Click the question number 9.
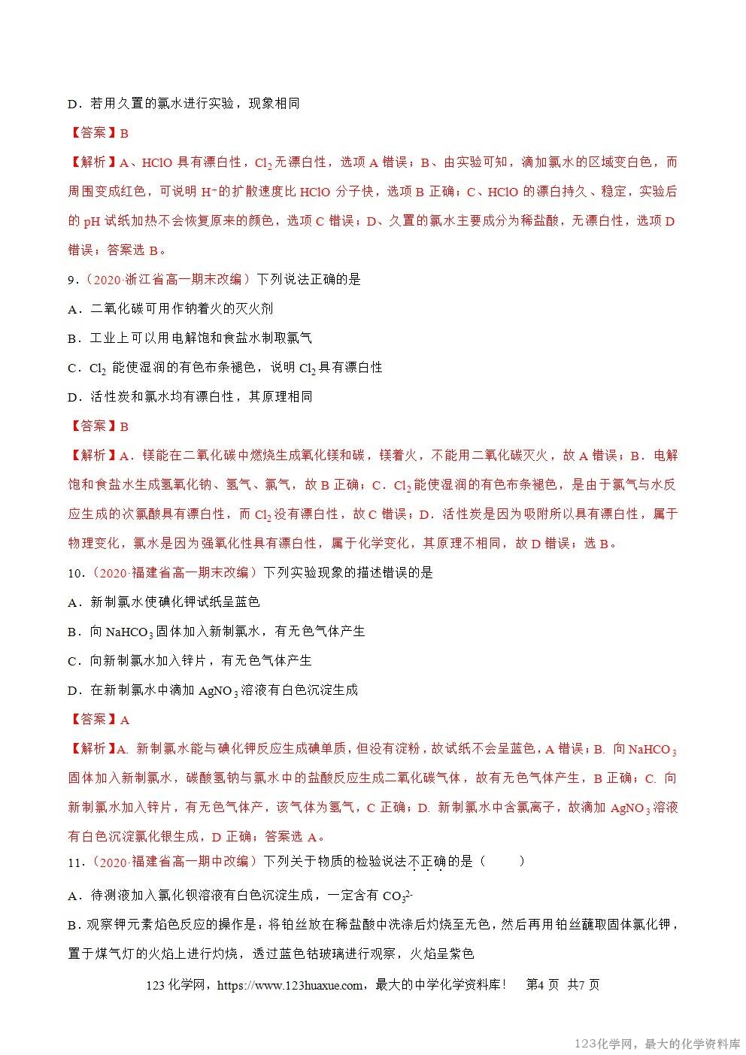pos(72,280)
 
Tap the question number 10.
pos(75,573)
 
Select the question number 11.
pos(75,862)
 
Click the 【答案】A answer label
pos(99,720)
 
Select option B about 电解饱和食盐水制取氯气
pos(190,338)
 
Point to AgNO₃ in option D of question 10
pos(218,691)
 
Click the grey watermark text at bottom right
pos(657,1044)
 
